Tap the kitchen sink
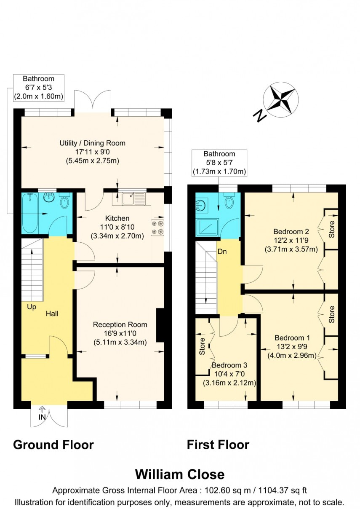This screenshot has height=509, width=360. [x=133, y=197]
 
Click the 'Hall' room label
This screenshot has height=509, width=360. [x=53, y=313]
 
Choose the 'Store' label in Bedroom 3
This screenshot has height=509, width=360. [x=203, y=346]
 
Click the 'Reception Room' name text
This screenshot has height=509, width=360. [x=120, y=324]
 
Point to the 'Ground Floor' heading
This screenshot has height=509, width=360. [x=53, y=445]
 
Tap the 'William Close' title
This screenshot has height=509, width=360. [x=180, y=474]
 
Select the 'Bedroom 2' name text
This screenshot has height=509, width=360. [x=291, y=231]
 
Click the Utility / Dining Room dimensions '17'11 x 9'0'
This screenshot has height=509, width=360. [x=92, y=152]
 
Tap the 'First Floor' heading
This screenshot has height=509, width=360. [x=218, y=445]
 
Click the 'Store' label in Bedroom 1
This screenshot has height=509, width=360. [x=332, y=314]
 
